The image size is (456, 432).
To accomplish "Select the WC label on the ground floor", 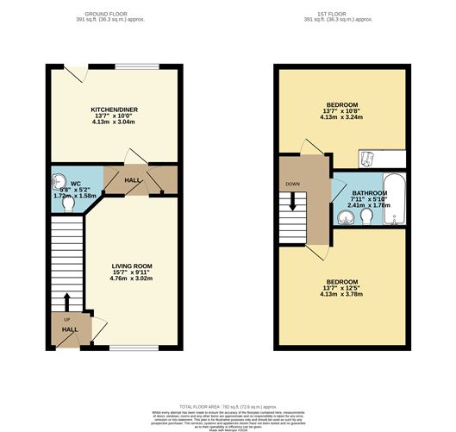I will click(x=76, y=184).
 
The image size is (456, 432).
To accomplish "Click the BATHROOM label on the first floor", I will click(x=356, y=194).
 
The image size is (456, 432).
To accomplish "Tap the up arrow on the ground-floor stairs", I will click(x=66, y=302).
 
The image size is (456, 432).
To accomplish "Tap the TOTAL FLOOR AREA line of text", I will click(x=228, y=404).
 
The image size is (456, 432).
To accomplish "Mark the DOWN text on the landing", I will click(x=294, y=184).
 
